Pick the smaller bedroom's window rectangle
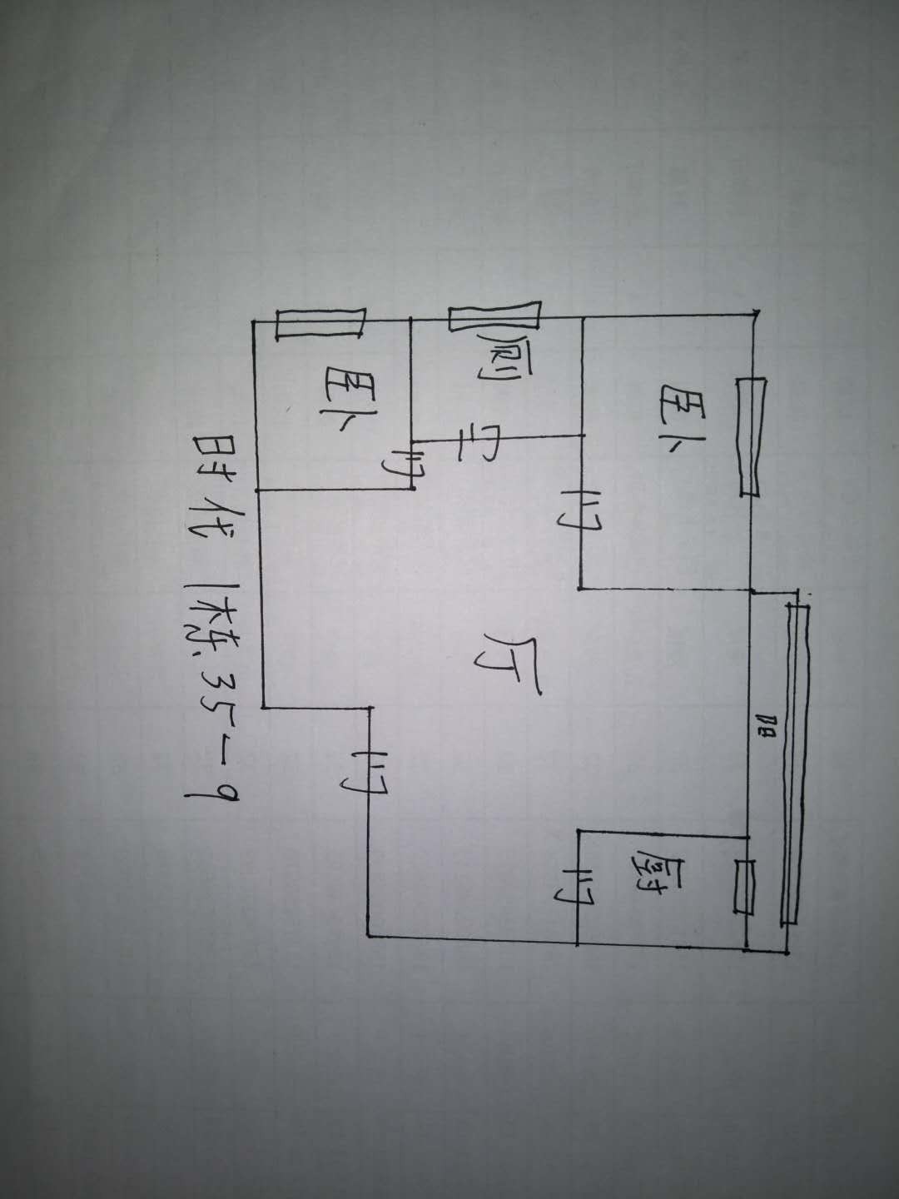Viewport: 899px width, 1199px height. pos(320,323)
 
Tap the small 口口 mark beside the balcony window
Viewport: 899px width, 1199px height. pos(767,733)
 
